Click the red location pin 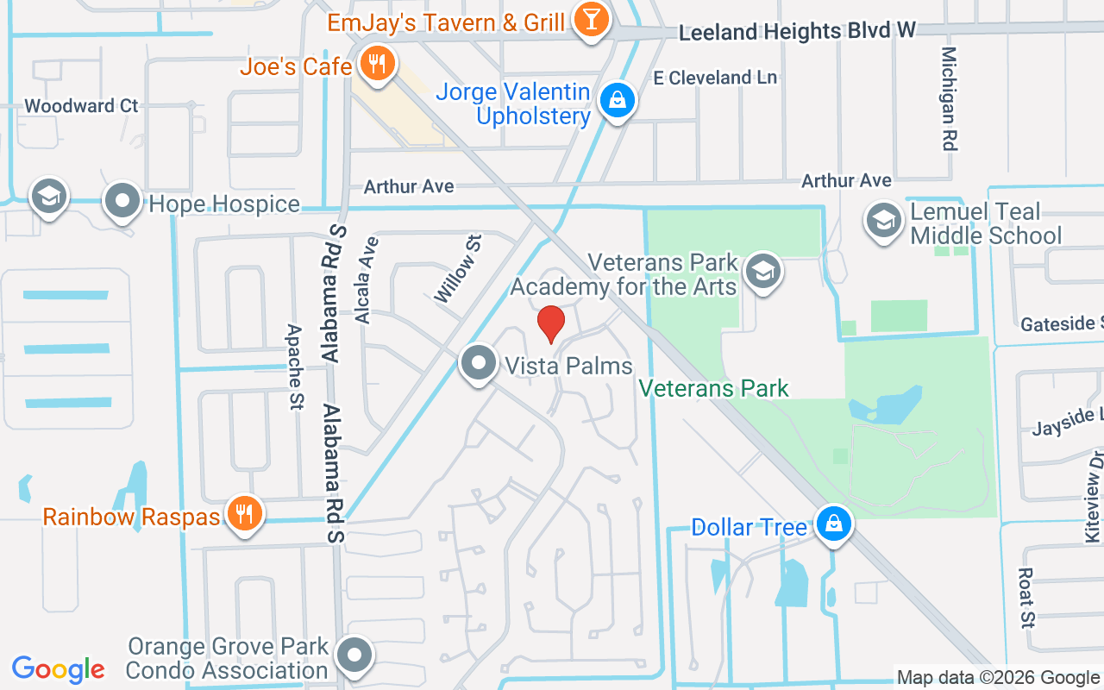pyautogui.click(x=551, y=324)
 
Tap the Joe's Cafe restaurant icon pyautogui.click(x=376, y=64)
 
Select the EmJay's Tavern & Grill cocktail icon pyautogui.click(x=591, y=20)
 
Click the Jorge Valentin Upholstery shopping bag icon pyautogui.click(x=618, y=101)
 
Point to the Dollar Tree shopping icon pyautogui.click(x=834, y=524)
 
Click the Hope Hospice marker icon pyautogui.click(x=122, y=202)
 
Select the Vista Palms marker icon pyautogui.click(x=479, y=364)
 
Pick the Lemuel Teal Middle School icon pyautogui.click(x=883, y=221)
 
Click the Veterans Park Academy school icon pyautogui.click(x=762, y=272)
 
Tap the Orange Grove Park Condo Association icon pyautogui.click(x=354, y=656)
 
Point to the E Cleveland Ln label pyautogui.click(x=715, y=78)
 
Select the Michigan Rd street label pyautogui.click(x=950, y=98)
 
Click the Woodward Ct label pyautogui.click(x=81, y=106)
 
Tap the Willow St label pyautogui.click(x=456, y=267)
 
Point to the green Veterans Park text pyautogui.click(x=714, y=388)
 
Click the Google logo pyautogui.click(x=58, y=669)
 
